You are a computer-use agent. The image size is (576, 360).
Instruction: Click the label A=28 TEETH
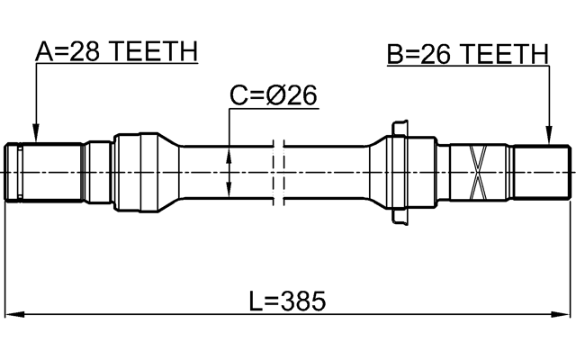pos(115,51)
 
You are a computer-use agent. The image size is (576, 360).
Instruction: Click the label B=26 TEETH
pos(467,55)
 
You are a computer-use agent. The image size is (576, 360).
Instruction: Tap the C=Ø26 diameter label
pos(274,95)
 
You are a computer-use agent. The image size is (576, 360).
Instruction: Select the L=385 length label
pos(287,301)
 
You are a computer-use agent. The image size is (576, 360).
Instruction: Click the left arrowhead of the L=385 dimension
pos(11,315)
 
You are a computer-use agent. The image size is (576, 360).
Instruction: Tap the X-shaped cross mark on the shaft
pos(478,171)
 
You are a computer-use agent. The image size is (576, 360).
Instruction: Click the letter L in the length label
pos(256,301)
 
